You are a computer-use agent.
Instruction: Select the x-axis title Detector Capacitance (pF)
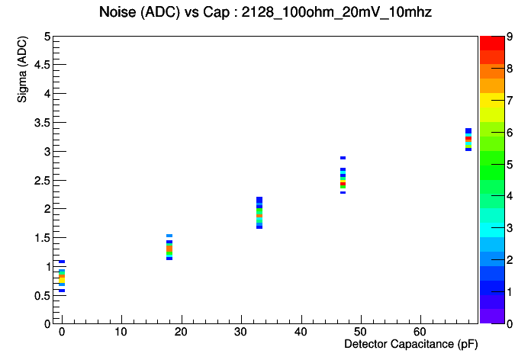(x=410, y=345)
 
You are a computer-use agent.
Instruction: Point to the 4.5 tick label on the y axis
(x=41, y=65)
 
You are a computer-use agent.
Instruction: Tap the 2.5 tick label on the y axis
(x=41, y=180)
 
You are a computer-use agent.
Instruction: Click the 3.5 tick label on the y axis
(x=41, y=122)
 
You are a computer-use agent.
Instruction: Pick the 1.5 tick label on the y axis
(x=41, y=237)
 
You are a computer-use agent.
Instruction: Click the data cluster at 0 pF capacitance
(x=62, y=277)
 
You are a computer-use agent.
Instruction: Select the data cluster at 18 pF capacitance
(x=169, y=247)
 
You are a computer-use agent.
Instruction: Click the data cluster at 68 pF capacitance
(x=468, y=139)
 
